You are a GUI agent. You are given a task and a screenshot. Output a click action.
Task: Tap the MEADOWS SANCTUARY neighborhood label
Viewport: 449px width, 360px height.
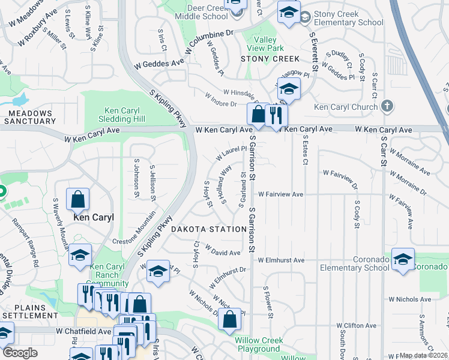pos(30,116)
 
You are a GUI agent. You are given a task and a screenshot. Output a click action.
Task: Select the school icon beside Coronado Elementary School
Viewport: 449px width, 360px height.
pos(403,259)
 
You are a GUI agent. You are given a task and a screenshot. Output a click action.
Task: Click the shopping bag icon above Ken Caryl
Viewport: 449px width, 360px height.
pos(78,199)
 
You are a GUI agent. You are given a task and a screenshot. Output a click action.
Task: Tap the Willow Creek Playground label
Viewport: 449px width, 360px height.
pos(259,344)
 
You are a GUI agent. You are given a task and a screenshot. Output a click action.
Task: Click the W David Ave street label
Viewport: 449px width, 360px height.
pos(223,250)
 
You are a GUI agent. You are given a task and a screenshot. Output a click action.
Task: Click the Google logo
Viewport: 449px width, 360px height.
pos(20,353)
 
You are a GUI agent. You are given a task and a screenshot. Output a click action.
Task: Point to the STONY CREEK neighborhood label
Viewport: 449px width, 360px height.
pos(261,59)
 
